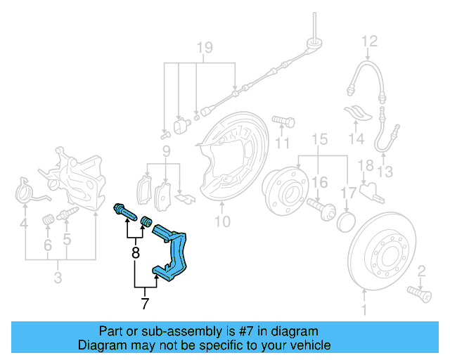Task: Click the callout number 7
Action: [x=145, y=304]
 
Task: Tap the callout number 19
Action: [x=204, y=49]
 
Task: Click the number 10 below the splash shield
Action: [x=222, y=223]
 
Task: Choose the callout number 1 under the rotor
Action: [x=364, y=309]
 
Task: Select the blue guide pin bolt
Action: [x=124, y=210]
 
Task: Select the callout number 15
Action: [x=320, y=140]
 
